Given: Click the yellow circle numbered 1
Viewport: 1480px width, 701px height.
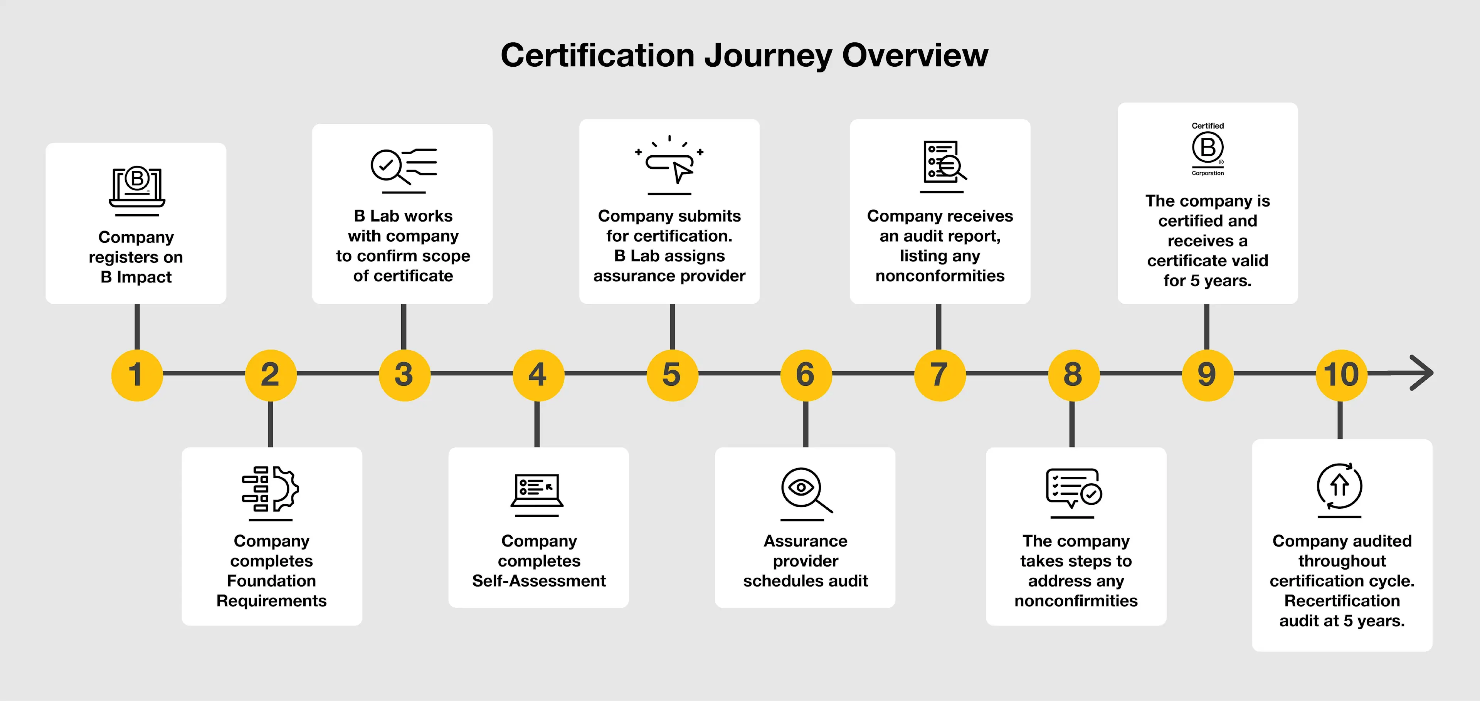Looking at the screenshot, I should point(137,375).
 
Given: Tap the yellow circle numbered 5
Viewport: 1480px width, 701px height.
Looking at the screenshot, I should point(672,375).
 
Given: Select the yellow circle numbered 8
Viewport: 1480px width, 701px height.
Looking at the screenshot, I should point(1073,375).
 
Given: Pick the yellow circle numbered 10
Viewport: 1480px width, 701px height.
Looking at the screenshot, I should point(1341,375).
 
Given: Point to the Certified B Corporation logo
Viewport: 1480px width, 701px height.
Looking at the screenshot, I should point(1207,149).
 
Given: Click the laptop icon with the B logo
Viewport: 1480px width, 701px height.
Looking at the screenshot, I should point(137,187).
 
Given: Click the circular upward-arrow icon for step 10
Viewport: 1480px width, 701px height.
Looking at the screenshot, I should point(1339,486).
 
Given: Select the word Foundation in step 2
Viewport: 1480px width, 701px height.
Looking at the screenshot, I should point(271,581).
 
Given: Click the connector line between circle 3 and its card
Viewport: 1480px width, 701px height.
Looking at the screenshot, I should point(404,326).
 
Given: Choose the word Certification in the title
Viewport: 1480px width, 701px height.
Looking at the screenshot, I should point(597,56).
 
